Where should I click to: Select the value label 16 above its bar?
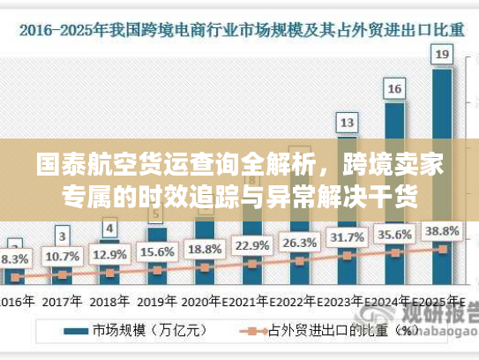395,88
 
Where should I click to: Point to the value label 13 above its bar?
348,122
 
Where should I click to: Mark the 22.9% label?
252,245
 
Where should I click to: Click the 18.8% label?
205,249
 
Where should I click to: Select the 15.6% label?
157,251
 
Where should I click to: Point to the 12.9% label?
109,255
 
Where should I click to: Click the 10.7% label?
62,257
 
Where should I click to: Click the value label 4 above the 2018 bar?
109,229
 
